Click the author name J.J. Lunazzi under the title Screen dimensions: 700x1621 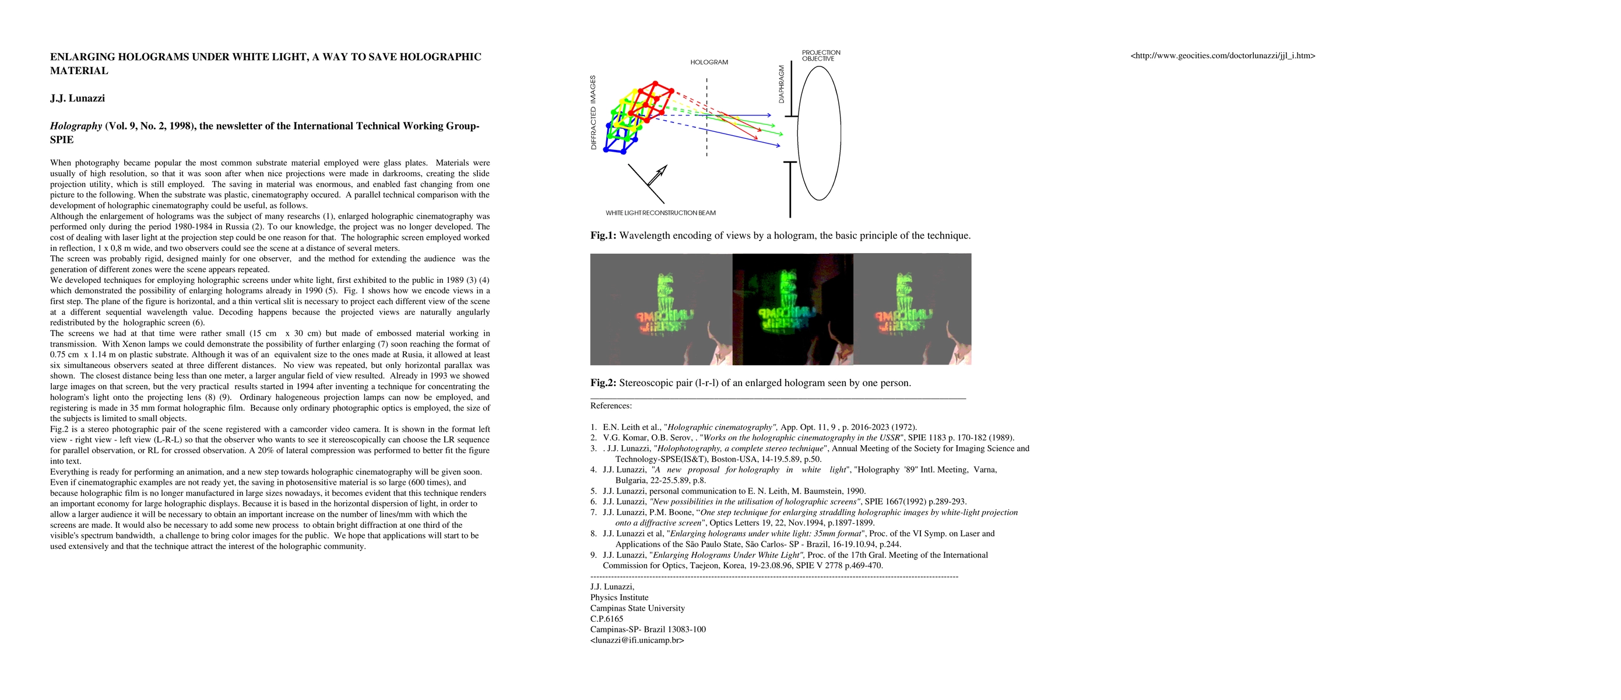click(x=78, y=98)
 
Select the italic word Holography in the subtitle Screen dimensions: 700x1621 click(x=76, y=126)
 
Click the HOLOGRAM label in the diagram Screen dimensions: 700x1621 click(x=709, y=62)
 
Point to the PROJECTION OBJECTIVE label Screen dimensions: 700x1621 click(x=821, y=55)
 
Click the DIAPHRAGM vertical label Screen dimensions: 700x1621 click(x=782, y=84)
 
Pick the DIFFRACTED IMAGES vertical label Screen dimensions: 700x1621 click(x=593, y=112)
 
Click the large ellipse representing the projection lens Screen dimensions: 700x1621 click(x=819, y=134)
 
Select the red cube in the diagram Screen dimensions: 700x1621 click(x=655, y=101)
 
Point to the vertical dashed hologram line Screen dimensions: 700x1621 click(x=706, y=120)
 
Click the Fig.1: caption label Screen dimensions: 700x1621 click(x=603, y=236)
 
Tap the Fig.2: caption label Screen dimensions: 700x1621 click(x=603, y=383)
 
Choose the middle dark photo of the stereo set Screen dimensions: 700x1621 click(x=792, y=309)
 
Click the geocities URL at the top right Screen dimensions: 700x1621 click(x=1223, y=55)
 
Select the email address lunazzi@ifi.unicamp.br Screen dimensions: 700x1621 click(x=637, y=640)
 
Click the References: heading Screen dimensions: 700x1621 click(x=611, y=406)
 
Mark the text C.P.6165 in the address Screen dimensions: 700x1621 click(x=607, y=619)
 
